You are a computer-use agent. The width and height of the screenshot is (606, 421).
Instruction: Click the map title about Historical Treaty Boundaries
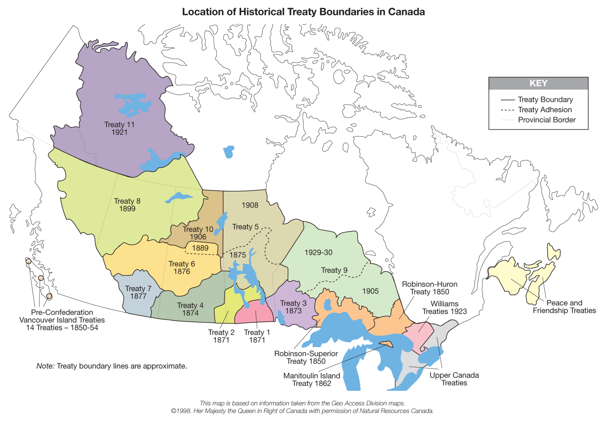coord(303,12)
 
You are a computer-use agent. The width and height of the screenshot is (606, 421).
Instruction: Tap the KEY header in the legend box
coord(538,83)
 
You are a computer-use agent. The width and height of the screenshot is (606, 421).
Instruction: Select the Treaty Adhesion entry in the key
coord(544,110)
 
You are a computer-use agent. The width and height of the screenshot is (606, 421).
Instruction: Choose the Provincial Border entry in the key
coord(547,120)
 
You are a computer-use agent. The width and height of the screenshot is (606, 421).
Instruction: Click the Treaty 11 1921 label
coord(119,128)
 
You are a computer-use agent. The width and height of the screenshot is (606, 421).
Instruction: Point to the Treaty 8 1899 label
coord(127,205)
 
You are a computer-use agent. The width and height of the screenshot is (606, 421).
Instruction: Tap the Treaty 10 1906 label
coord(198,233)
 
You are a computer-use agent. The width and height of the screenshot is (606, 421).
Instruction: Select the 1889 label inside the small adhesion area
coord(200,248)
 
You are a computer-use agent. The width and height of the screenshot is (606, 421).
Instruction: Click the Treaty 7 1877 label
coord(138,292)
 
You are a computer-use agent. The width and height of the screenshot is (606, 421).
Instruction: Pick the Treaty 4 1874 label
coord(190,309)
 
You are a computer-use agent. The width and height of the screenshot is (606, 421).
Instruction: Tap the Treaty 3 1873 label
coord(293,307)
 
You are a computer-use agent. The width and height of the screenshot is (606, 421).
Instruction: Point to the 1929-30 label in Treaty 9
coord(318,253)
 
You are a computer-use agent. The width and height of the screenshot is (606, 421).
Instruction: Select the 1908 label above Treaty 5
coord(250,205)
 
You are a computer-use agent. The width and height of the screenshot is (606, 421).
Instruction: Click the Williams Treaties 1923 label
coord(444,308)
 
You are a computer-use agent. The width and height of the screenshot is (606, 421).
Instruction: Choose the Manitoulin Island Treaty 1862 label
coord(312,380)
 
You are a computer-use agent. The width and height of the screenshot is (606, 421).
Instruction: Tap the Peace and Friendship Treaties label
coord(564,307)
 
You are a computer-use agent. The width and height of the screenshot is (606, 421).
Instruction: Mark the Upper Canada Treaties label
coord(454,379)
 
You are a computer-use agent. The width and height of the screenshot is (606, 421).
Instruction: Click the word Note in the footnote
coord(45,366)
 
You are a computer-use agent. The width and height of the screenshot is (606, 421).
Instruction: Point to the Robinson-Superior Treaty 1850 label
coord(306,357)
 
